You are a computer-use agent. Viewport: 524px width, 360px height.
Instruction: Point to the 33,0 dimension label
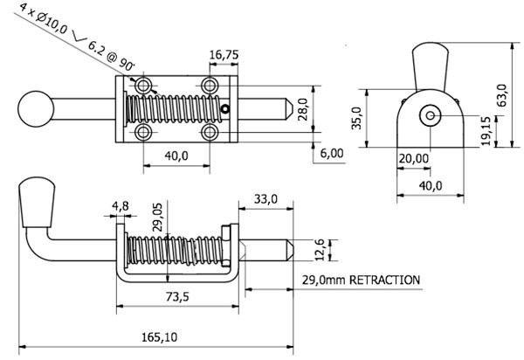(x=265, y=200)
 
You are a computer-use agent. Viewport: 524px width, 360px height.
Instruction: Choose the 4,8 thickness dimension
(x=121, y=207)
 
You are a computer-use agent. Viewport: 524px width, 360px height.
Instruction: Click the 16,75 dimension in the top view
(x=225, y=54)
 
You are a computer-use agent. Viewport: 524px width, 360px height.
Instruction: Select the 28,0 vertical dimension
(x=302, y=109)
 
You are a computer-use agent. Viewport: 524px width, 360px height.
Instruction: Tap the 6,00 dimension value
(x=333, y=152)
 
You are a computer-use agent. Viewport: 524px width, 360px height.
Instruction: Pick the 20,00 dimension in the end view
(x=414, y=158)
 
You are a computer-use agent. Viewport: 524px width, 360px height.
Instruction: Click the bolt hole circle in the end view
(x=430, y=115)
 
